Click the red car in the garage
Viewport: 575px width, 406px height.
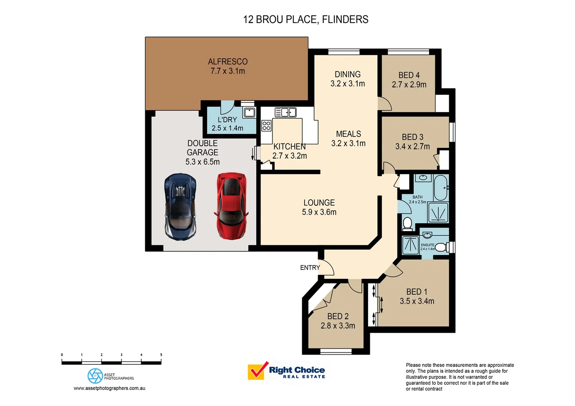click(231, 206)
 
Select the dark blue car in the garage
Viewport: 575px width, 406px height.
click(180, 207)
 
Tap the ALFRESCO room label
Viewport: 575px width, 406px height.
click(228, 62)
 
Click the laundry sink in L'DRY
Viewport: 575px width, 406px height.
click(249, 112)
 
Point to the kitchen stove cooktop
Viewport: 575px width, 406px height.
click(266, 126)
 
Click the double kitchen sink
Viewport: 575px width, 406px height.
click(286, 112)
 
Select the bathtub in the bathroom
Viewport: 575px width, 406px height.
click(440, 188)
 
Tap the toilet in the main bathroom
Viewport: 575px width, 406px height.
click(407, 223)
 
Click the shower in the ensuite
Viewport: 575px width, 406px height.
click(410, 245)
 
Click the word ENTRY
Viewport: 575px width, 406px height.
click(310, 268)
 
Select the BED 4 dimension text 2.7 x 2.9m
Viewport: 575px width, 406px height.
click(409, 85)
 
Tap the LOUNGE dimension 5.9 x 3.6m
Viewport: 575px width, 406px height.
click(319, 212)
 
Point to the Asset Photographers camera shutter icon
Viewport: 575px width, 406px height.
click(95, 376)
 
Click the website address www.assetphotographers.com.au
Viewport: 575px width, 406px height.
click(109, 388)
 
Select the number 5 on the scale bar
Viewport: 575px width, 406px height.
click(161, 355)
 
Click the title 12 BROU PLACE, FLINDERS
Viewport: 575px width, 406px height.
click(306, 20)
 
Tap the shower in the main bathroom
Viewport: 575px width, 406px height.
click(438, 213)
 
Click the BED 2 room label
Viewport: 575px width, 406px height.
click(338, 317)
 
